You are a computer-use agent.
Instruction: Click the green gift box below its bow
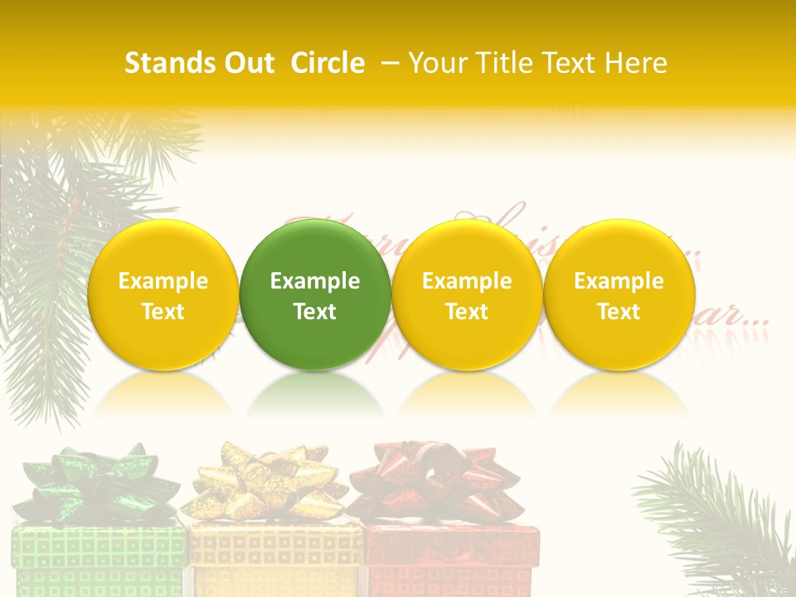(x=98, y=560)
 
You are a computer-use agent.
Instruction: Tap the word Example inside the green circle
(x=315, y=281)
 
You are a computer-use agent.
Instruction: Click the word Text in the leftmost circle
(x=163, y=312)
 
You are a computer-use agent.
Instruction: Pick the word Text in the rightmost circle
(x=619, y=312)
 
